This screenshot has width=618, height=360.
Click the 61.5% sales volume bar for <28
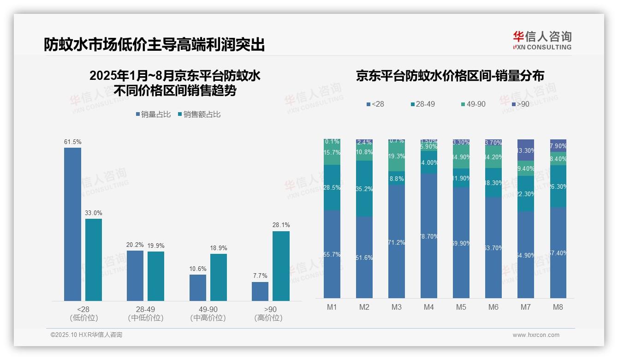[x=72, y=224]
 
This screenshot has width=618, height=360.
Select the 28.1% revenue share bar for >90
[x=281, y=266]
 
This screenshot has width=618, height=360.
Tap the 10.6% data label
[x=198, y=269]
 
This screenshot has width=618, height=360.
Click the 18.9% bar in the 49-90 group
[x=218, y=277]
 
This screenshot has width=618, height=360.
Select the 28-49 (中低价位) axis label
[x=145, y=313]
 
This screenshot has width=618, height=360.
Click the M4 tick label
[x=429, y=307]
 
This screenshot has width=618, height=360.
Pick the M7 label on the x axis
[x=526, y=307]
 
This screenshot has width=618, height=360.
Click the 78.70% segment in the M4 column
[x=429, y=236]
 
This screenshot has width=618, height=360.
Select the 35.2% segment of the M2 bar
[x=364, y=189]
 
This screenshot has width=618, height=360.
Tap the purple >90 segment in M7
[x=526, y=150]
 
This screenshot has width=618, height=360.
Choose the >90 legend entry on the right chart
[x=520, y=104]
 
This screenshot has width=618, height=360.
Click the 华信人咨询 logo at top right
[x=542, y=41]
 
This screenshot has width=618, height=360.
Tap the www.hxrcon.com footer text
[x=535, y=335]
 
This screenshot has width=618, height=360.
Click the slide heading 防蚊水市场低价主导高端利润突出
[x=154, y=45]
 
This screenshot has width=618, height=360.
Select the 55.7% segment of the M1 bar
[x=332, y=254]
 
